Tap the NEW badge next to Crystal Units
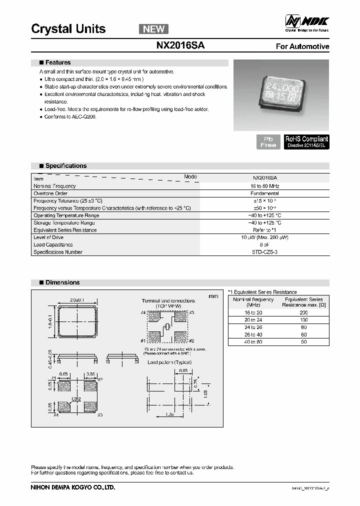[153, 29]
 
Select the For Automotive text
[302, 46]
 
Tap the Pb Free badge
[268, 141]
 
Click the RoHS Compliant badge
[306, 141]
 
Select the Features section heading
[58, 62]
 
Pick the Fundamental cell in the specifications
[264, 193]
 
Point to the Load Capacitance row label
[53, 245]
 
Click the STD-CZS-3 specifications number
[265, 252]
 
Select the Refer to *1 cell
[265, 230]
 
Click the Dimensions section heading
[62, 282]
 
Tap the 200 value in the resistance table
[303, 312]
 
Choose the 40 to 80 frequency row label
[253, 342]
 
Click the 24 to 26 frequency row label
[253, 327]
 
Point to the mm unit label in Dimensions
[213, 296]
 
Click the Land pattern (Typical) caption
[169, 362]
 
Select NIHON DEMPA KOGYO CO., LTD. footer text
[73, 487]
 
